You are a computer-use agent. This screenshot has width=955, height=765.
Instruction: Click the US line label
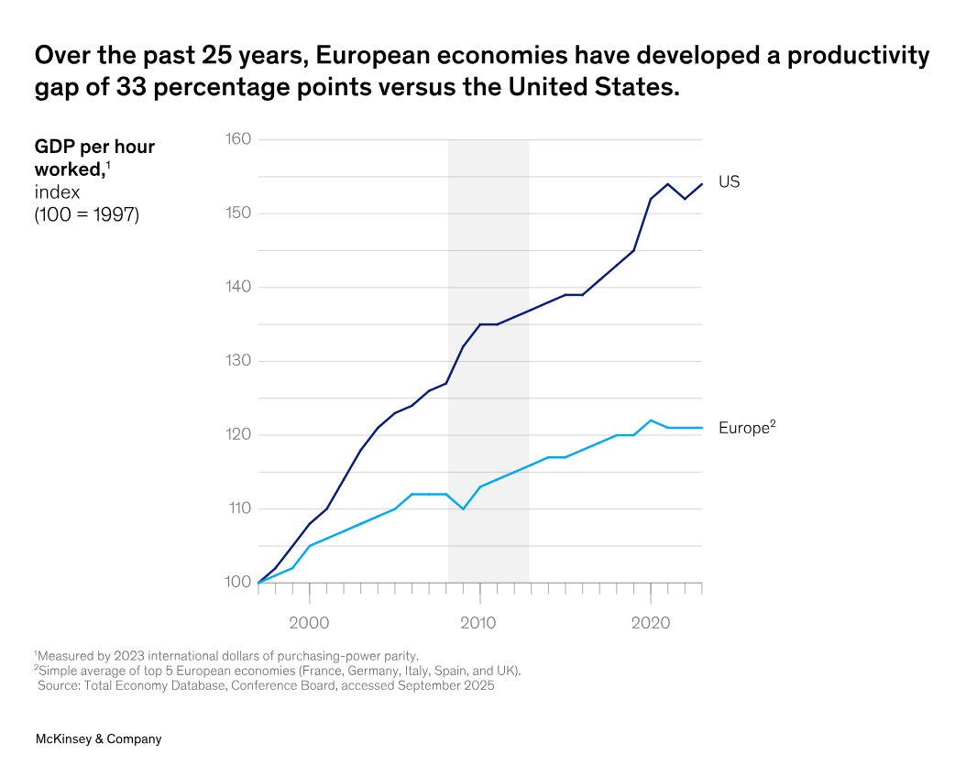[729, 182]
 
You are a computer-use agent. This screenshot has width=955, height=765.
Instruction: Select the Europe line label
[747, 428]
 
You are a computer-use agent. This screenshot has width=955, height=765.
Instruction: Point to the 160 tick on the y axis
[238, 139]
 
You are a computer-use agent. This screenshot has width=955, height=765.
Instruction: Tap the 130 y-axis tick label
[238, 361]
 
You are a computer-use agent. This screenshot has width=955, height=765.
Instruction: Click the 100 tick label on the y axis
[238, 583]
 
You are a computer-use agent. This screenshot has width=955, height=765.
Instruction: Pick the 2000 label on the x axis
[309, 623]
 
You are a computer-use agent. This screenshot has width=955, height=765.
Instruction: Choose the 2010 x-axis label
[479, 623]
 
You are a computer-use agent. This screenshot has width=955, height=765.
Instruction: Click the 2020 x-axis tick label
[651, 623]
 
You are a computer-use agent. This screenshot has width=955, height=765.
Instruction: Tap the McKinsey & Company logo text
[98, 738]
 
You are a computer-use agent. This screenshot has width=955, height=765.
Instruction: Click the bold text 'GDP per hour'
[94, 147]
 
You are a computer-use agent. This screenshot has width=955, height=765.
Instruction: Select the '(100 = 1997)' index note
[87, 216]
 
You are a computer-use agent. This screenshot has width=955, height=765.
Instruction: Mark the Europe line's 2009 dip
[463, 508]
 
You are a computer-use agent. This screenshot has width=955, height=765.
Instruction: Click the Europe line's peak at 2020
[651, 421]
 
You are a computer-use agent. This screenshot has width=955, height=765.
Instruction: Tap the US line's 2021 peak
[667, 184]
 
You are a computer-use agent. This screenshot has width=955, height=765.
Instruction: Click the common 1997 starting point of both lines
[258, 583]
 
